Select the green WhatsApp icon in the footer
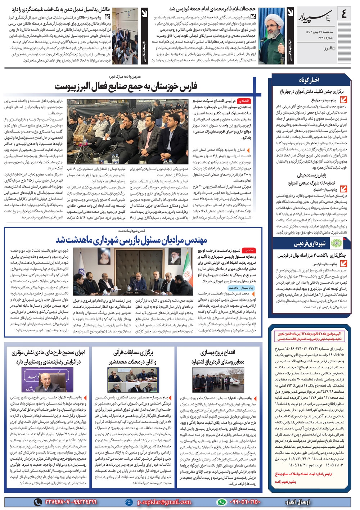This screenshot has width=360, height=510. click(x=222, y=502)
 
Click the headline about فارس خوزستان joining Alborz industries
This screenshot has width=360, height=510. click(x=126, y=86)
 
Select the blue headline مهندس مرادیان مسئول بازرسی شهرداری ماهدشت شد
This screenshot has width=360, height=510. click(x=131, y=240)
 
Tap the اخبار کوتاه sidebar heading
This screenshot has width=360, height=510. click(x=309, y=80)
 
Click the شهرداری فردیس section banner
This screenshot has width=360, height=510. click(x=310, y=244)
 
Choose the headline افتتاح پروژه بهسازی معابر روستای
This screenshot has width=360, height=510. click(x=218, y=357)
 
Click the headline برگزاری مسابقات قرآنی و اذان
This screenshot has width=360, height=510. click(x=133, y=357)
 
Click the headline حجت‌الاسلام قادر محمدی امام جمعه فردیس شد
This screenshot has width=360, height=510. click(x=212, y=9)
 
